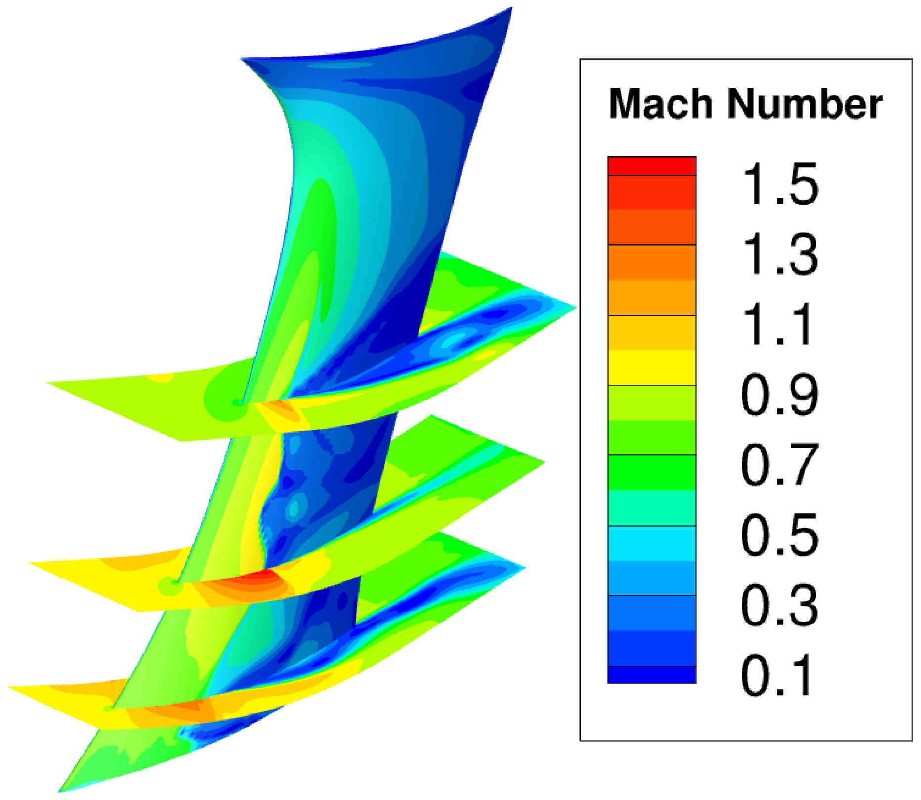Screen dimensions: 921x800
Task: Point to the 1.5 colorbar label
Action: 780,184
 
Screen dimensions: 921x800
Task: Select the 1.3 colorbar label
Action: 780,254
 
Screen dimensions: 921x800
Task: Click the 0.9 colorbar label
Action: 780,395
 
